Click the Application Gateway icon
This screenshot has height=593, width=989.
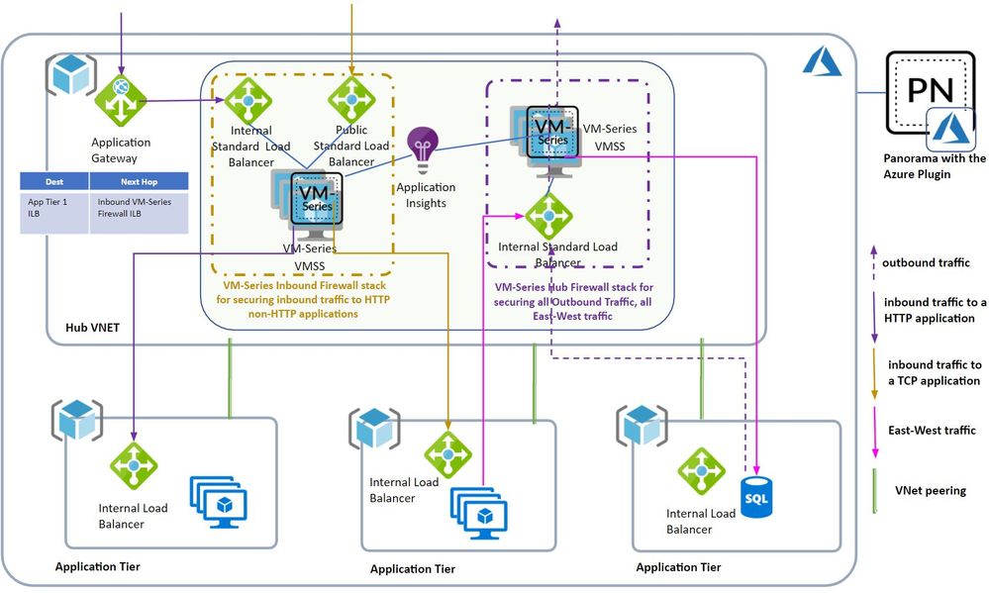(x=120, y=99)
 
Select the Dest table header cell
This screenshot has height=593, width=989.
(x=54, y=181)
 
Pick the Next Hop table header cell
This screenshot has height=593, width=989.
(x=138, y=181)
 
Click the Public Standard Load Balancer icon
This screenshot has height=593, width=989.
(x=347, y=99)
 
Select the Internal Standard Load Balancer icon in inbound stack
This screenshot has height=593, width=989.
(x=243, y=99)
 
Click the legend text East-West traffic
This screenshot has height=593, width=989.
(x=933, y=430)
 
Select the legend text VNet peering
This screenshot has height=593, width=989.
(x=929, y=490)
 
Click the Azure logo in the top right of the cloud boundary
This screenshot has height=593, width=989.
(x=822, y=63)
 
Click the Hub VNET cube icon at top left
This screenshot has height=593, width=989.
(x=71, y=78)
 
